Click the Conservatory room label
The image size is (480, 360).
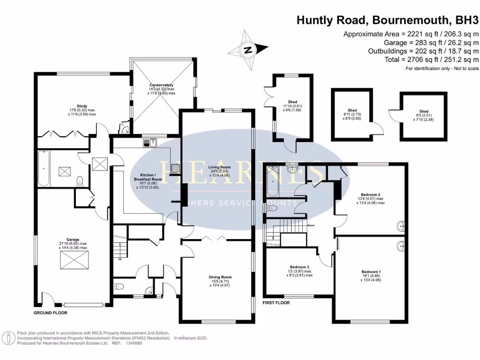(162, 85)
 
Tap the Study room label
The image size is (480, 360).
(82, 106)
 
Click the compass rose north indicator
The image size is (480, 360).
(248, 49)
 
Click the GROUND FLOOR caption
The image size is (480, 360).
(50, 313)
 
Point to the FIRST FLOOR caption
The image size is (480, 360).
(276, 303)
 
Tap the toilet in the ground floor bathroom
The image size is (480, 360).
(80, 180)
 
